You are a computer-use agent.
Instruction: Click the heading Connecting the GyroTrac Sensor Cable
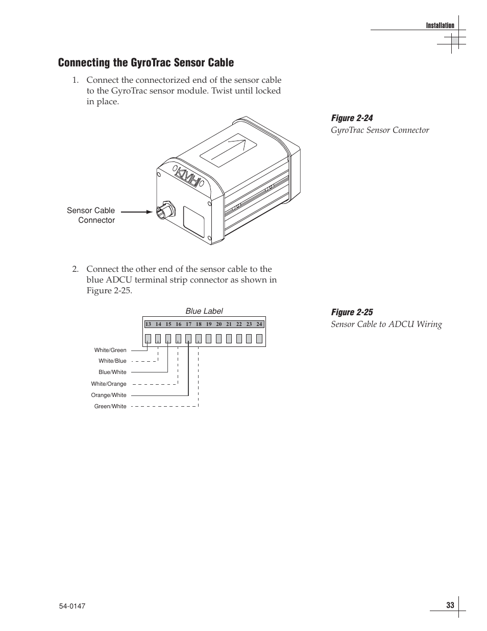click(146, 63)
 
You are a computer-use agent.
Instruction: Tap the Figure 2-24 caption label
click(352, 118)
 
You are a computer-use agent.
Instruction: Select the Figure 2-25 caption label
click(352, 312)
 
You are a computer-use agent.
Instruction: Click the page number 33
click(450, 605)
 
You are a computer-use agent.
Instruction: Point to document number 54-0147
click(71, 606)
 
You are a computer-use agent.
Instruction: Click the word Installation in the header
click(440, 26)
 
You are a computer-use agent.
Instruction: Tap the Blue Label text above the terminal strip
click(204, 311)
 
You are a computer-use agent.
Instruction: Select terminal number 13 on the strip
click(148, 324)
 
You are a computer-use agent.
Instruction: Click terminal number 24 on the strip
click(259, 324)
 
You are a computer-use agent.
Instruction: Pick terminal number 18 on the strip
click(199, 324)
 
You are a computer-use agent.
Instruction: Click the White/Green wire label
click(110, 350)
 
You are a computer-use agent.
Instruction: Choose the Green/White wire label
click(110, 406)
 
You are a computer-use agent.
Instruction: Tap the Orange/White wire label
click(109, 395)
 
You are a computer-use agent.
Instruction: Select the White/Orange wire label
click(109, 384)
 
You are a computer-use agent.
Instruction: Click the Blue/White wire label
click(112, 372)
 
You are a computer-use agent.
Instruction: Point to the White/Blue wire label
click(112, 361)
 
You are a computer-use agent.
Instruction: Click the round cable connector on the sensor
click(164, 211)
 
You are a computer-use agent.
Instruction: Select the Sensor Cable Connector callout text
click(91, 215)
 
